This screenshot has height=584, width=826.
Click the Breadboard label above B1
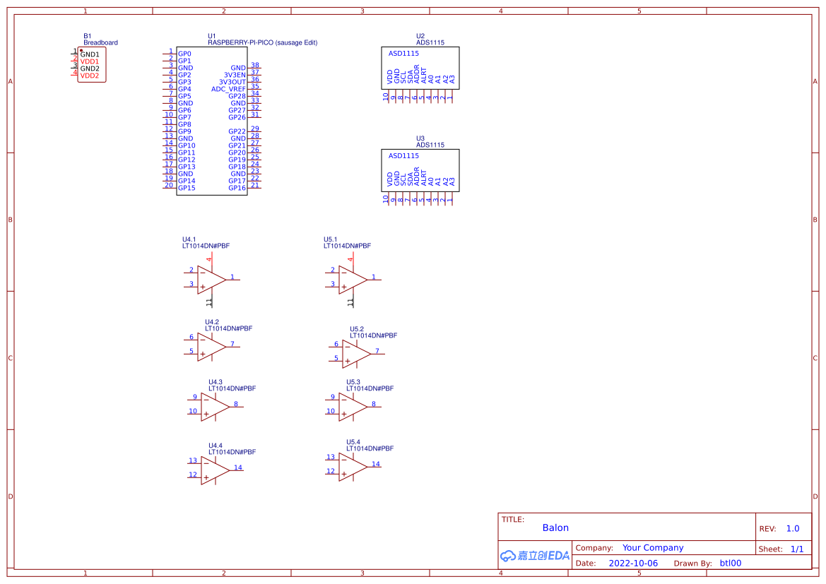pyautogui.click(x=100, y=42)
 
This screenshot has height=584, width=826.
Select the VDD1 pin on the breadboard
pyautogui.click(x=89, y=61)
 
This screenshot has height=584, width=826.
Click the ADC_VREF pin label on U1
pyautogui.click(x=228, y=89)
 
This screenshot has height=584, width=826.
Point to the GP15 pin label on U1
pyautogui.click(x=187, y=188)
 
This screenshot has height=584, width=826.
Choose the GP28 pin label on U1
pyautogui.click(x=237, y=96)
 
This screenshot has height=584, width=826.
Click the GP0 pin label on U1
pyautogui.click(x=184, y=54)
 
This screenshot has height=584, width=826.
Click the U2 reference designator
pyautogui.click(x=420, y=36)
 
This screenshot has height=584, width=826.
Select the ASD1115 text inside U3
pyautogui.click(x=403, y=155)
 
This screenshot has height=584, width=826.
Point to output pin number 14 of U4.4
pyautogui.click(x=238, y=467)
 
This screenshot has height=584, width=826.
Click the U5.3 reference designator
pyautogui.click(x=353, y=382)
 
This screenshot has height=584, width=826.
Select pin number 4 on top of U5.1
pyautogui.click(x=350, y=260)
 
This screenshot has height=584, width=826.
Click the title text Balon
pyautogui.click(x=555, y=528)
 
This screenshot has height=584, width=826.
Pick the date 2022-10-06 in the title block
pyautogui.click(x=633, y=564)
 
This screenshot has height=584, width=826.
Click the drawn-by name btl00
pyautogui.click(x=731, y=564)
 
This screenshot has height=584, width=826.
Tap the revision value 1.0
pyautogui.click(x=793, y=528)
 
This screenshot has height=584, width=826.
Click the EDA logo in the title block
pyautogui.click(x=534, y=556)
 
